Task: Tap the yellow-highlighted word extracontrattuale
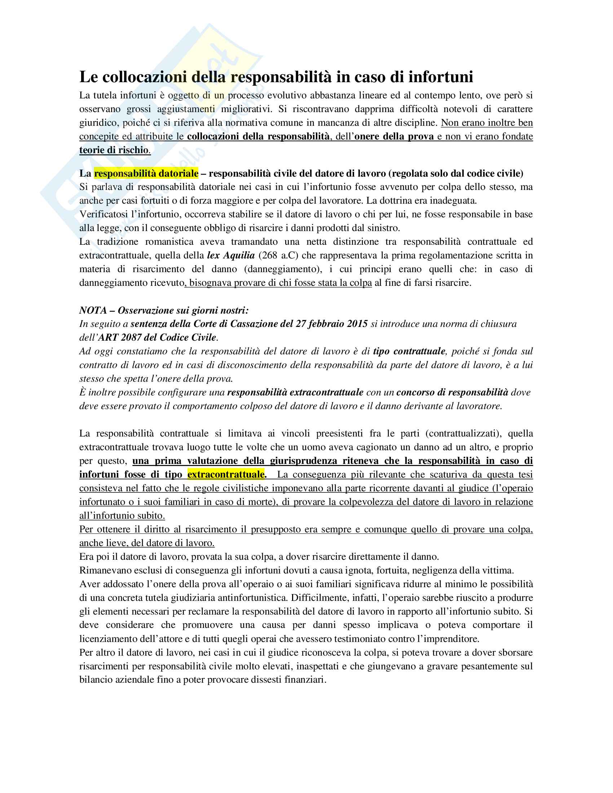pos(226,474)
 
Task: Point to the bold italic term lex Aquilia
pos(231,255)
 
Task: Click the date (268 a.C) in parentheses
pos(278,255)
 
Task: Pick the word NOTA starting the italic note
pos(92,310)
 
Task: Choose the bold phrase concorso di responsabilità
pos(452,392)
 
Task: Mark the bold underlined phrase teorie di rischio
pos(114,150)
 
